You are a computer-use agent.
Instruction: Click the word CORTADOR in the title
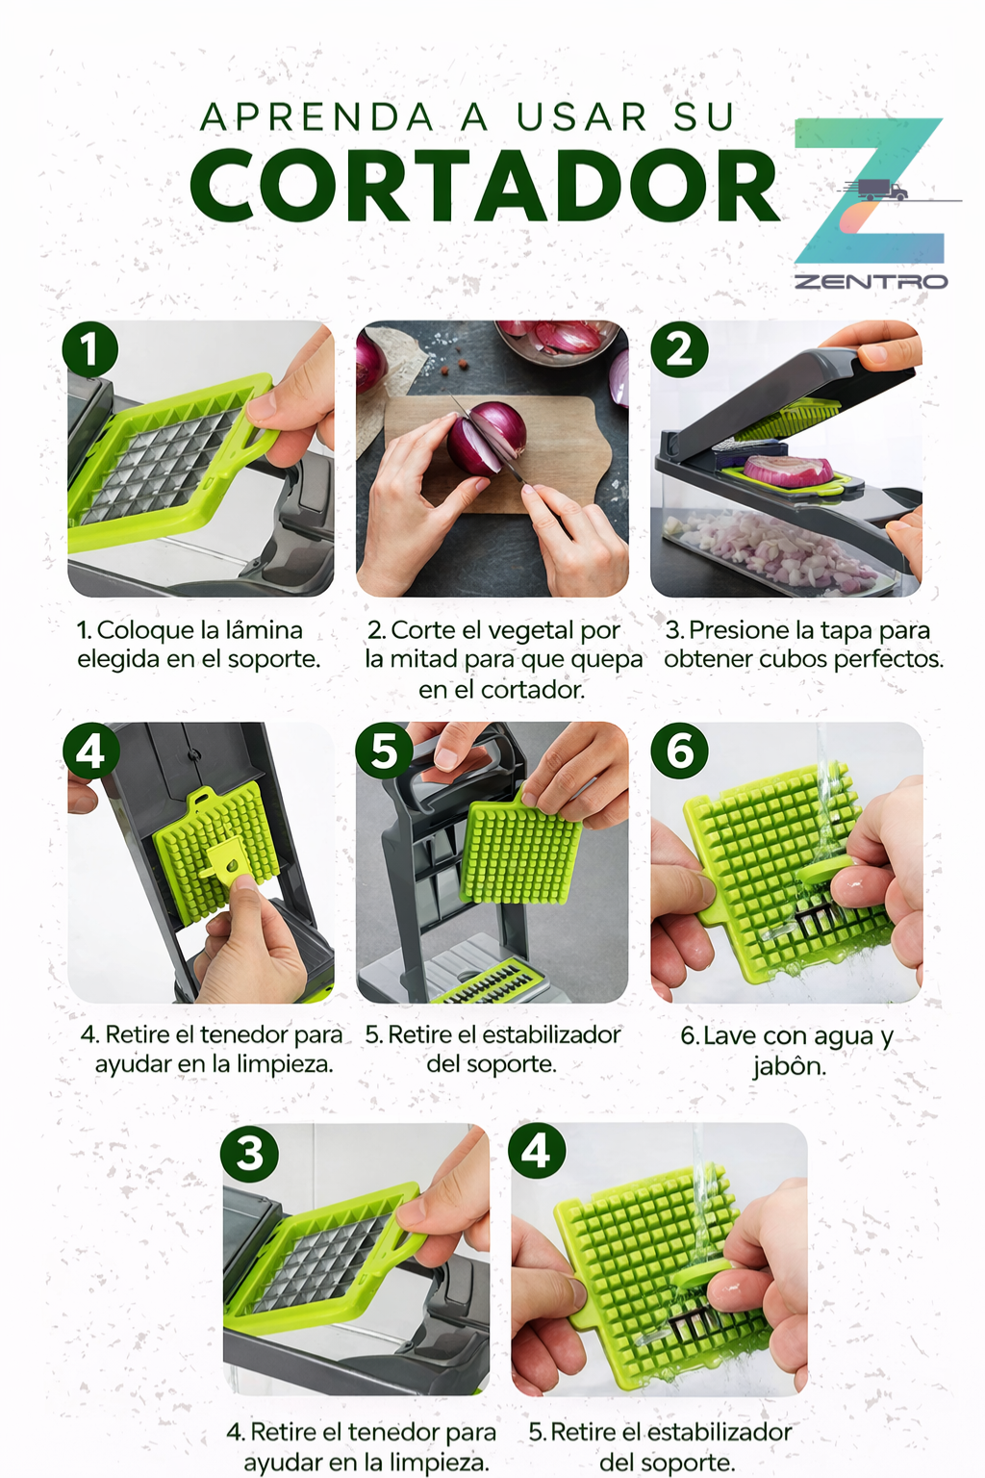pos(484,187)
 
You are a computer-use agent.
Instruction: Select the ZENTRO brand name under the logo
pos(871,281)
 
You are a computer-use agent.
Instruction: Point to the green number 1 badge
pos(90,349)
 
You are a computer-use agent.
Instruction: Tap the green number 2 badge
pos(679,349)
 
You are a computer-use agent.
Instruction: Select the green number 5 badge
pos(384,751)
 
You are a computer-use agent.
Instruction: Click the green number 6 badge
pos(679,751)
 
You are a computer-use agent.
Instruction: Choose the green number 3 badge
pos(249,1153)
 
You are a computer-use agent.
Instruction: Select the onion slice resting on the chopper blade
pos(789,471)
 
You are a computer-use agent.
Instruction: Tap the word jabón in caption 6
pos(789,1066)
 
